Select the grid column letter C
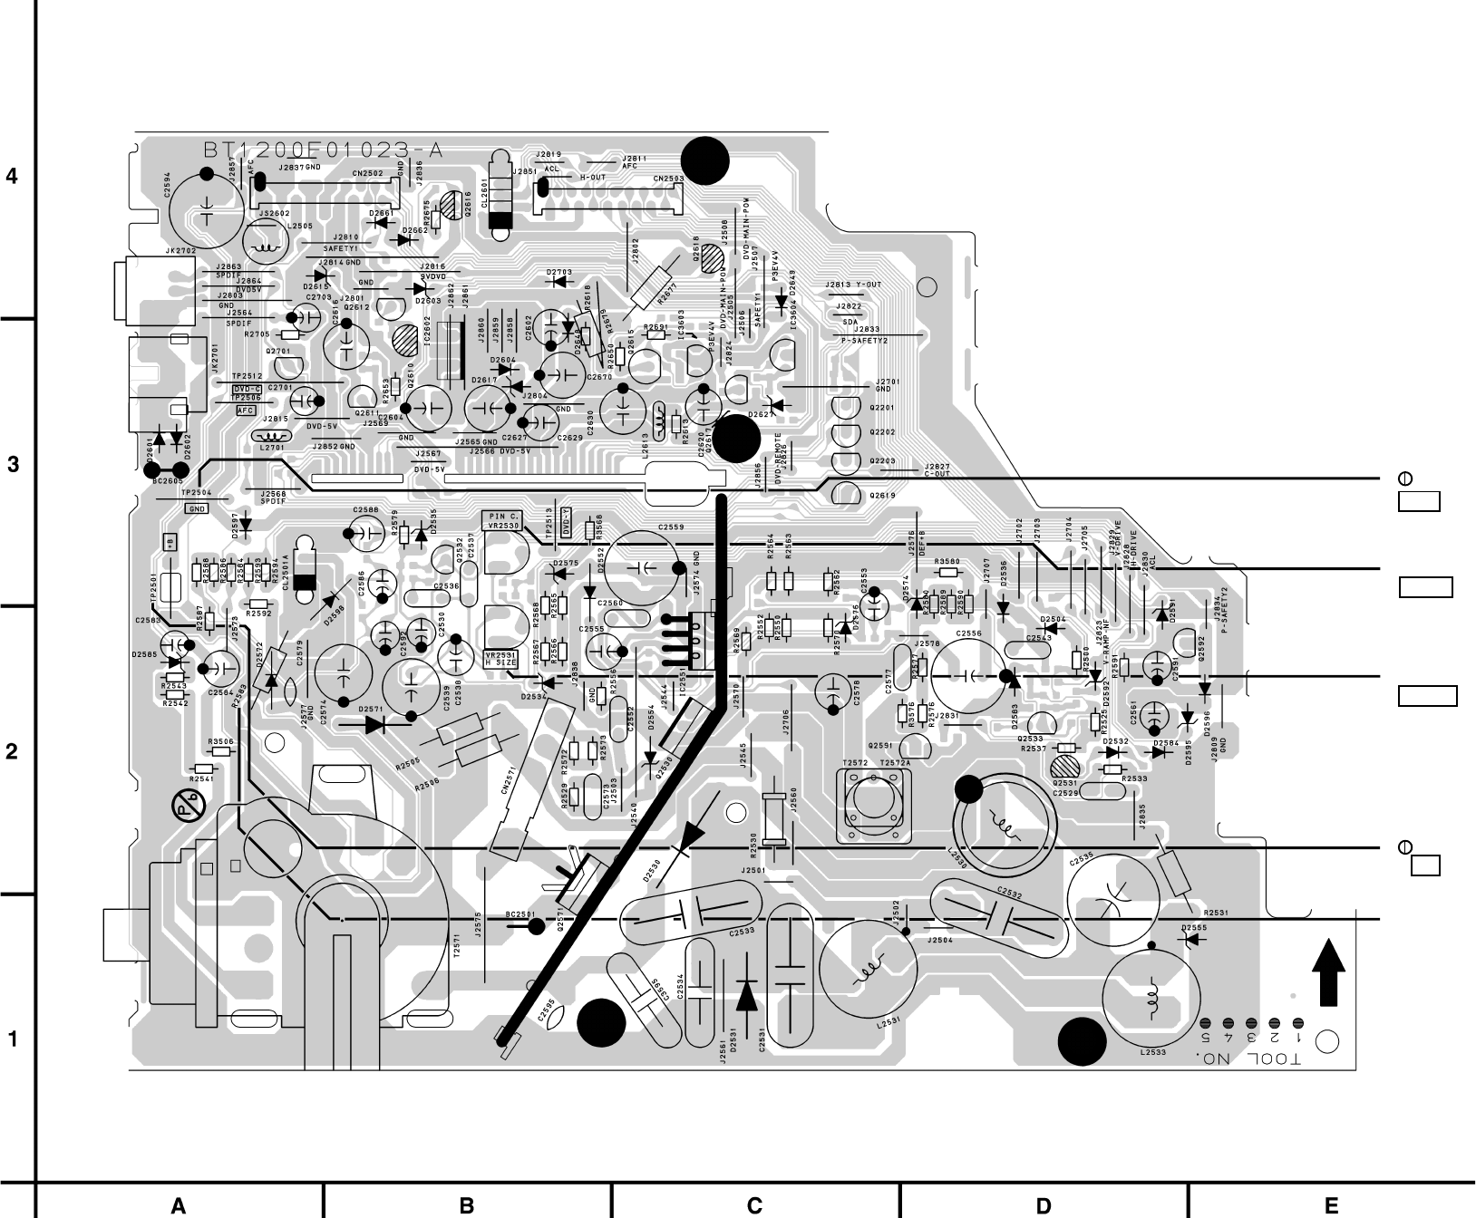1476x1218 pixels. (754, 1205)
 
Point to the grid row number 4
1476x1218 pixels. (12, 176)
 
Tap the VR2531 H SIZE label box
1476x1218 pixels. (502, 659)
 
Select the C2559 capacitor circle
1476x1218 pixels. (645, 568)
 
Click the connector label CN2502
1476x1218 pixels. (367, 172)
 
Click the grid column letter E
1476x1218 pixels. (1331, 1205)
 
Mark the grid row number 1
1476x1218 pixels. (12, 1039)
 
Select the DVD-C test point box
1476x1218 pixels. (247, 388)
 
